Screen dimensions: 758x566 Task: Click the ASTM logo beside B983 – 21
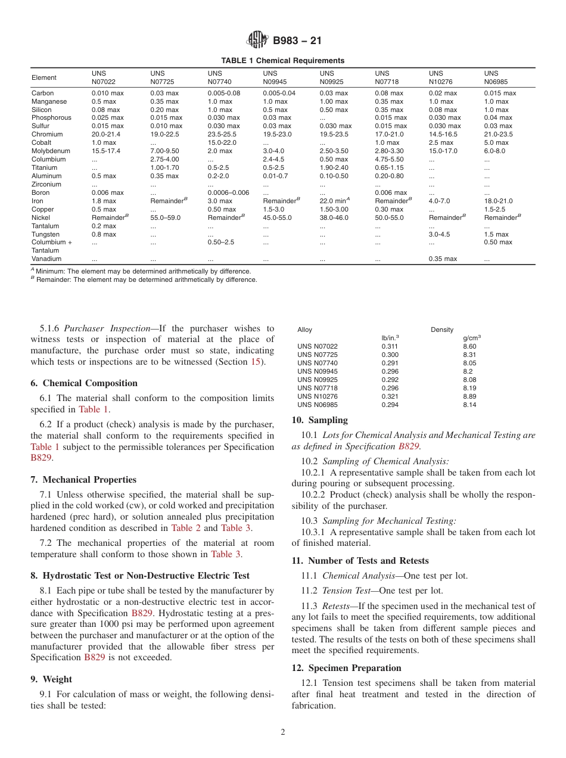tap(257, 40)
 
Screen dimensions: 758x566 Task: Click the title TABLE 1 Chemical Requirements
tap(282, 61)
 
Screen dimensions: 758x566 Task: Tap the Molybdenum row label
tap(49, 151)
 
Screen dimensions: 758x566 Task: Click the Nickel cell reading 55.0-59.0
tap(165, 218)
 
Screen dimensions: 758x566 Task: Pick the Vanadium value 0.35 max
tap(443, 259)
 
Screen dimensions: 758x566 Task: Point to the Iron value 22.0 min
tap(334, 201)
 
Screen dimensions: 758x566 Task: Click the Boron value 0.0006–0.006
tap(228, 193)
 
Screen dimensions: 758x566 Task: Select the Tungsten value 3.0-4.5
tap(439, 234)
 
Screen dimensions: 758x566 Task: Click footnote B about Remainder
tap(144, 279)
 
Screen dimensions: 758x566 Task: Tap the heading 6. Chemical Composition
tap(84, 383)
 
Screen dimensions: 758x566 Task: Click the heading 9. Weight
tap(51, 679)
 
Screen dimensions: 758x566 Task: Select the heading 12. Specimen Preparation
tap(346, 668)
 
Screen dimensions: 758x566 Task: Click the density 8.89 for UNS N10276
tap(469, 396)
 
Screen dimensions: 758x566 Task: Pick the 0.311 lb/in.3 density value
tap(390, 346)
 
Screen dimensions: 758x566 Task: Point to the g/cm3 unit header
tap(471, 338)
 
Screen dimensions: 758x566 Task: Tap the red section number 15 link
tap(255, 362)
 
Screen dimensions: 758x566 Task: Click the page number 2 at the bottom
tap(283, 732)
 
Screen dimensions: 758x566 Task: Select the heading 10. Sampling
tap(319, 420)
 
